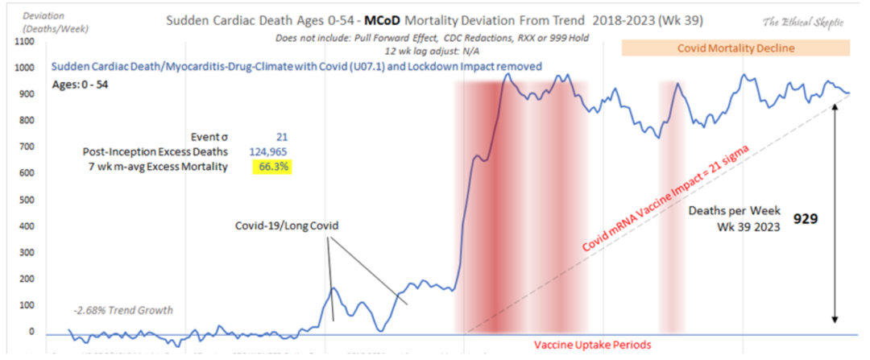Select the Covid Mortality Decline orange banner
click(736, 48)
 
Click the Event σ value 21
click(281, 137)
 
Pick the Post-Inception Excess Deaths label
click(155, 151)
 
